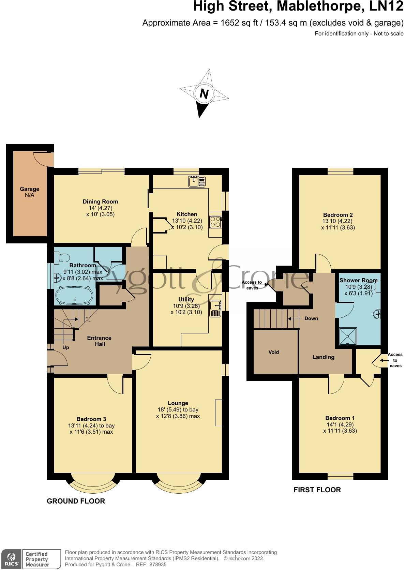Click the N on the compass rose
(204, 94)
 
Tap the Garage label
(30, 189)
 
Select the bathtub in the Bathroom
(74, 295)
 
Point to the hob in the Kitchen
(215, 222)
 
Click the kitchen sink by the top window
(197, 181)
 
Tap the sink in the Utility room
(215, 309)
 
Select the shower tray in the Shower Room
(348, 336)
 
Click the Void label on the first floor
(274, 352)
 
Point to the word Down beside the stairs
(311, 318)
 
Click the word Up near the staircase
(66, 348)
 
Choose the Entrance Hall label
(100, 341)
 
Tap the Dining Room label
(101, 201)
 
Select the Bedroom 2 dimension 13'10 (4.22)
(337, 221)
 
